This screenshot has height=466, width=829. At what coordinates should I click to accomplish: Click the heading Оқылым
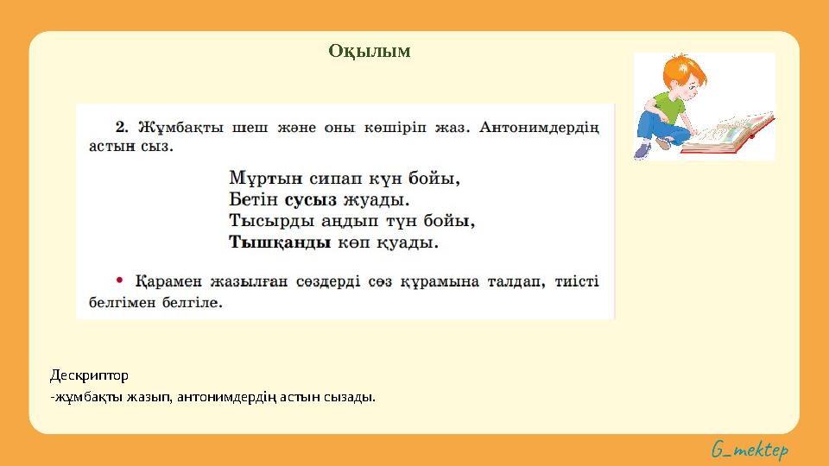[x=369, y=52]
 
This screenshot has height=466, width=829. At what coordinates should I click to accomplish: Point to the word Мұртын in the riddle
[x=258, y=179]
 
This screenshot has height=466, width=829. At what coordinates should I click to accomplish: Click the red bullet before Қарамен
[x=120, y=280]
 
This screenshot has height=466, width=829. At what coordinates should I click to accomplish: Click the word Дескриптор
[x=89, y=375]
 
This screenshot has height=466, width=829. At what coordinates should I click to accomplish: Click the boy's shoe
[x=642, y=150]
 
